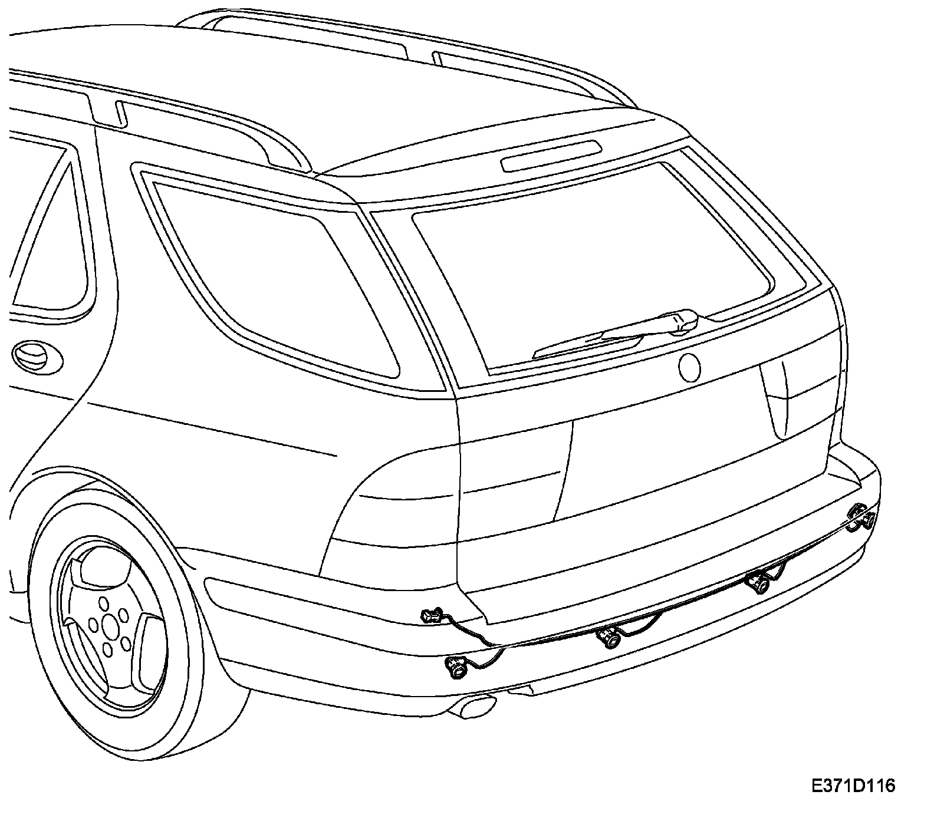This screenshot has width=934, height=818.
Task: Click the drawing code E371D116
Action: (x=853, y=786)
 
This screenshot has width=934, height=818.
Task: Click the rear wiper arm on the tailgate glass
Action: (x=613, y=336)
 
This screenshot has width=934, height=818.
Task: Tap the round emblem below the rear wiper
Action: (x=689, y=367)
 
